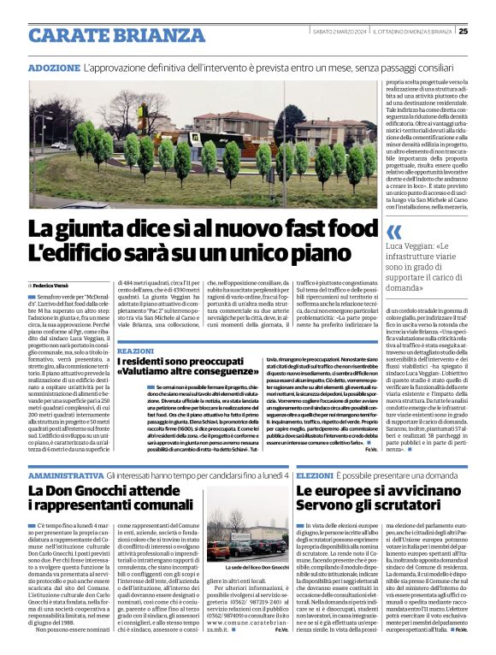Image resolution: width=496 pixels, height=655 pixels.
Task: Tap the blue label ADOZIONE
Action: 55,67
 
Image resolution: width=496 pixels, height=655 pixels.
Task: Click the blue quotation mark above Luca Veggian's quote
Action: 393,232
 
